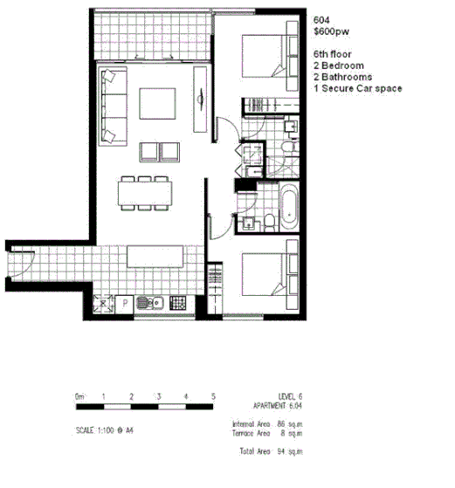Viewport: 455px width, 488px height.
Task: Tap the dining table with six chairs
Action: tap(144, 193)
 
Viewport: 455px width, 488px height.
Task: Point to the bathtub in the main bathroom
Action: tap(287, 205)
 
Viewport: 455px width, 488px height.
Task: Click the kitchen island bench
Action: tap(155, 258)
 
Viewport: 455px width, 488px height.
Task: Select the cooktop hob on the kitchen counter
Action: tap(178, 304)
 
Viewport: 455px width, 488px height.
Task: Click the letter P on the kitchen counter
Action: tap(126, 304)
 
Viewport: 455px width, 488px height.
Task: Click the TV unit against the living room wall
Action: tap(203, 105)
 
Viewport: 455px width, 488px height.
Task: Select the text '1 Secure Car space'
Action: tap(358, 88)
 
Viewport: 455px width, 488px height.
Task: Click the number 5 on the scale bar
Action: tap(213, 398)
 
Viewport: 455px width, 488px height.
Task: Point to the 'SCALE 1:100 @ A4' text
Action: tap(105, 430)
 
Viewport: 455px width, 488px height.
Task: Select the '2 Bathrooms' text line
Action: tap(342, 77)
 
